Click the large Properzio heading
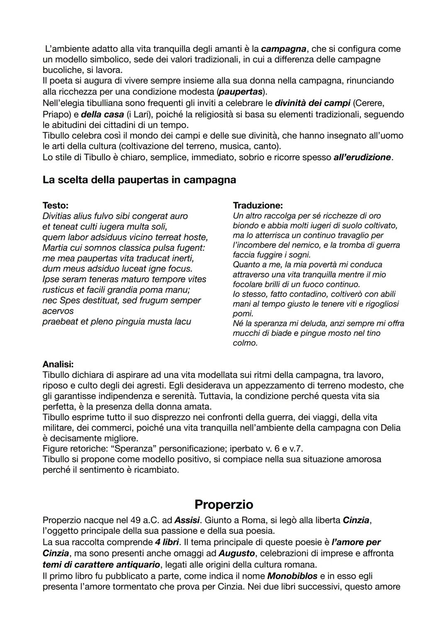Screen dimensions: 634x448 (224, 504)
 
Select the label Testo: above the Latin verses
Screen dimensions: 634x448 (56, 205)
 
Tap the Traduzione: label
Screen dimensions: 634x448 (258, 205)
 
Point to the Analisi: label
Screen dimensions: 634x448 (58, 364)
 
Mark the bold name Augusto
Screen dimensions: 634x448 (236, 553)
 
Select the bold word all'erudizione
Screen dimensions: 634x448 (362, 157)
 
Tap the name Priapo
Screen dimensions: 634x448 (56, 114)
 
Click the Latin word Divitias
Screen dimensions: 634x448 (56, 216)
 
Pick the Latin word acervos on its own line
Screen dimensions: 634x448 (58, 311)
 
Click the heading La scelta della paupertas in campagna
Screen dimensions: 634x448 (139, 180)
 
